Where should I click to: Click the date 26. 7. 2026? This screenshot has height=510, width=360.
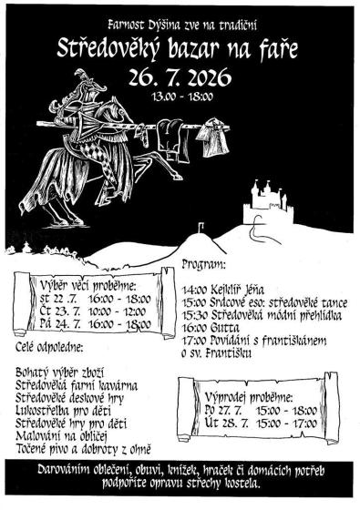click(180, 77)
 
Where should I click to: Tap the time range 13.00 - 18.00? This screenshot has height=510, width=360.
click(182, 97)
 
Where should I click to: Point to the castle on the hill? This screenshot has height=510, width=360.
click(268, 202)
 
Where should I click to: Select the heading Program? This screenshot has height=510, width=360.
click(204, 264)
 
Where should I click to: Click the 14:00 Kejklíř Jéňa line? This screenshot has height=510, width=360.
click(223, 290)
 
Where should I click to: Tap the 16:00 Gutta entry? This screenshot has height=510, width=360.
click(211, 328)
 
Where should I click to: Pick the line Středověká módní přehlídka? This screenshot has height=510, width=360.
click(276, 315)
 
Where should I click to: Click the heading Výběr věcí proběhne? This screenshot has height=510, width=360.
click(87, 286)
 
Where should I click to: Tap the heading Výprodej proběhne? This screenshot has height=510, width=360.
click(249, 397)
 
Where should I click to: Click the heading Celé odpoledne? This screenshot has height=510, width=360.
click(49, 348)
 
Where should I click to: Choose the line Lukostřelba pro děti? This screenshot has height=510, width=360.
click(63, 411)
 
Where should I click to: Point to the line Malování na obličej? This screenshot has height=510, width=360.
click(62, 436)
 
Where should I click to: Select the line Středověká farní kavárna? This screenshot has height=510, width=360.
click(77, 386)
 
